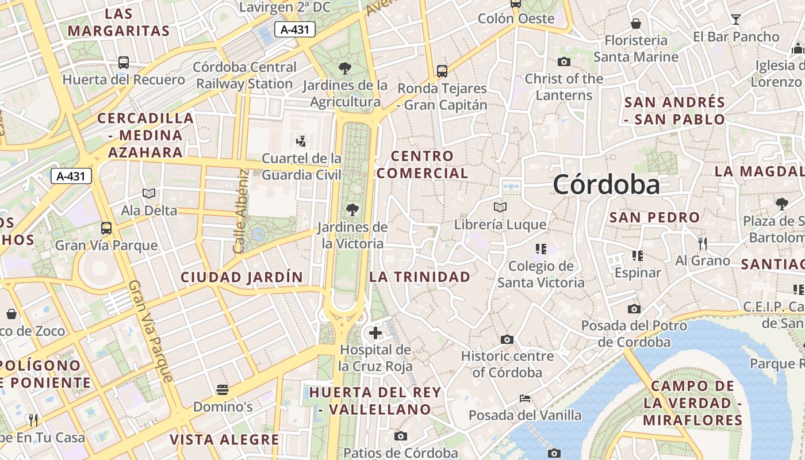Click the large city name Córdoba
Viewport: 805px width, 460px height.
coord(606,185)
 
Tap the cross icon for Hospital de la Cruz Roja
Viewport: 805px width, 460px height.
coord(375,333)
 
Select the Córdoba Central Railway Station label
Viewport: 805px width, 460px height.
coord(245,75)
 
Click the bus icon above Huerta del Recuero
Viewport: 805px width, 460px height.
coord(124,63)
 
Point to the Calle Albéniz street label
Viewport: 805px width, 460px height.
coord(240,211)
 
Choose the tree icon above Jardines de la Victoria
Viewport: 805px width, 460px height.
coord(352,210)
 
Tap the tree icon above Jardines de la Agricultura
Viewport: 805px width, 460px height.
coord(345,68)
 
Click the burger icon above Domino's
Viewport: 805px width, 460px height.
coord(223,390)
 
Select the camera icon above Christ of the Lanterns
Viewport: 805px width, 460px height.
coord(563,62)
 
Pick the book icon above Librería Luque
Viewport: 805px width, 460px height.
coord(500,207)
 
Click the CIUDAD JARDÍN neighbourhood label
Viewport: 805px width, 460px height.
coord(241,277)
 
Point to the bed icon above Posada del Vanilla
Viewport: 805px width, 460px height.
coord(524,398)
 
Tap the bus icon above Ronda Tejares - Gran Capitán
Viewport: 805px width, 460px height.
coord(442,71)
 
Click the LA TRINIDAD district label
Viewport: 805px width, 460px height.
coord(420,277)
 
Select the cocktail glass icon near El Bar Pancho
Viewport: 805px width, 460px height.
coord(735,20)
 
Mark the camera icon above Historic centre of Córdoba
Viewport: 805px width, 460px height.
coord(507,339)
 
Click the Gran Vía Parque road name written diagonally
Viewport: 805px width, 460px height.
coord(151,331)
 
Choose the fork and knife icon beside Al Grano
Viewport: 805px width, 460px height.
coord(702,244)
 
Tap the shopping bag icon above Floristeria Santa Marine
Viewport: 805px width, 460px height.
coord(636,24)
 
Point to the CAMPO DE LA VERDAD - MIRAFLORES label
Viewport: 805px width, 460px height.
coord(692,403)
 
